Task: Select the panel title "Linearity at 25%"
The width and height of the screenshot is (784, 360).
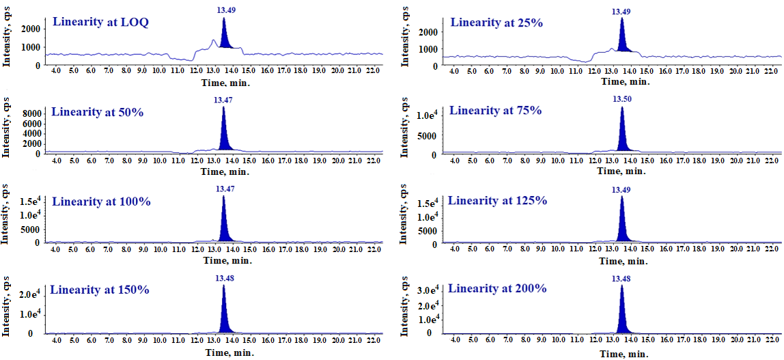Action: pos(496,23)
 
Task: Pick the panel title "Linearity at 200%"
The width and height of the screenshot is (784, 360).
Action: pos(497,288)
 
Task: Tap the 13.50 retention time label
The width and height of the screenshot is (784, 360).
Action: pos(621,98)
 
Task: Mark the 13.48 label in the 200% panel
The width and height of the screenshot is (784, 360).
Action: pos(621,279)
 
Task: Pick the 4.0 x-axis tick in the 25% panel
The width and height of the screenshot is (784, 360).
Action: pos(455,71)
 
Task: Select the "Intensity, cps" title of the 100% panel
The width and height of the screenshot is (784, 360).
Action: pos(6,214)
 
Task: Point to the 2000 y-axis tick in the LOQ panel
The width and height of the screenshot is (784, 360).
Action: pos(31,29)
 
